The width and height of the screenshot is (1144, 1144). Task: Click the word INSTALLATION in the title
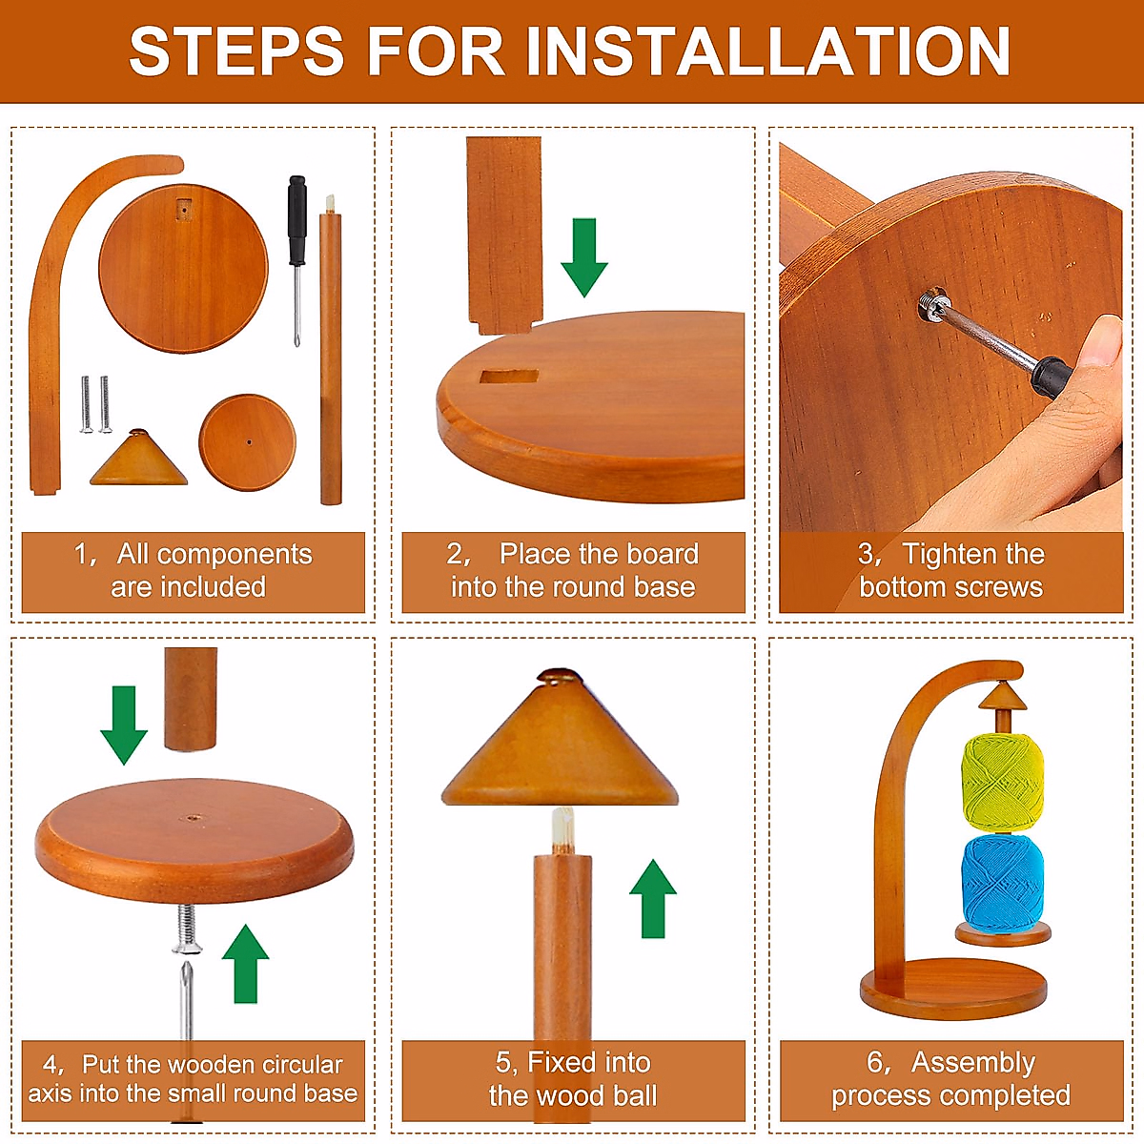(x=767, y=51)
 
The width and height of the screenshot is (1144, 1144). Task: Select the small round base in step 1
(x=248, y=442)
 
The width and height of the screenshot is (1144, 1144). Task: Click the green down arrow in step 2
(x=584, y=257)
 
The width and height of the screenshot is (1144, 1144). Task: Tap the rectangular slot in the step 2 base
(x=509, y=377)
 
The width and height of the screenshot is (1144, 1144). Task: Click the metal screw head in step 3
(x=932, y=303)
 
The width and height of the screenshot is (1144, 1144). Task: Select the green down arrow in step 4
(x=124, y=725)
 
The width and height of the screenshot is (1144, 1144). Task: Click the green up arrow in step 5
(x=652, y=898)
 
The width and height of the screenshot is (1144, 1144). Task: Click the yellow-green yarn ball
(x=1002, y=782)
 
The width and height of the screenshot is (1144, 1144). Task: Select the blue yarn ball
(x=1002, y=884)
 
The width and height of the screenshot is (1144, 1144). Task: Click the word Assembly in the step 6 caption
(x=973, y=1063)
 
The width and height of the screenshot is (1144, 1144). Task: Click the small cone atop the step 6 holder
(x=1003, y=696)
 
